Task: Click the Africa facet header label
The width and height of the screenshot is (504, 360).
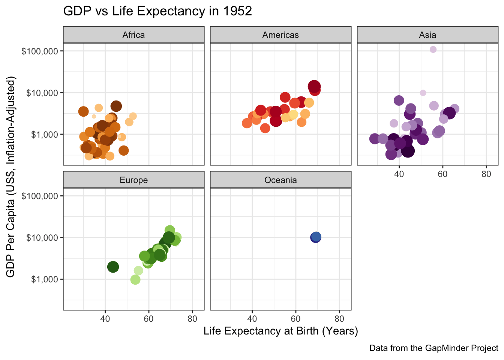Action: (x=133, y=35)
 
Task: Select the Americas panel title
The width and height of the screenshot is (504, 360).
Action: (x=280, y=35)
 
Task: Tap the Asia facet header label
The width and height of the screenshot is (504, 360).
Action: (x=427, y=35)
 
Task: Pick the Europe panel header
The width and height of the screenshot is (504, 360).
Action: (x=133, y=180)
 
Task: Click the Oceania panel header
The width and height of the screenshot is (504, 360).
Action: (x=280, y=180)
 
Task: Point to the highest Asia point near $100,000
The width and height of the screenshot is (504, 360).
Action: (x=433, y=49)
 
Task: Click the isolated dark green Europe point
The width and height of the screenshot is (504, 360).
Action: (x=113, y=267)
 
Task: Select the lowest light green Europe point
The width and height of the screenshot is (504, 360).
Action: (x=135, y=280)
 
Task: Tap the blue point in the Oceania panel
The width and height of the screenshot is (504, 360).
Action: (x=316, y=237)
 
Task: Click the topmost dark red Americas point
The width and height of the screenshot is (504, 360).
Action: (x=314, y=86)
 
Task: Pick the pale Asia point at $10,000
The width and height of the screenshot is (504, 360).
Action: (x=423, y=93)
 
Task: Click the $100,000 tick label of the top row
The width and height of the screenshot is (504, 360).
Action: (x=40, y=51)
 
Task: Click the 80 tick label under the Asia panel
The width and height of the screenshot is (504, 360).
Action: (x=486, y=174)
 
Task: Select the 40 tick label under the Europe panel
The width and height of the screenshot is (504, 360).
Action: (x=105, y=319)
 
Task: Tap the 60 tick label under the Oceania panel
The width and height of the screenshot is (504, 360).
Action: (x=295, y=319)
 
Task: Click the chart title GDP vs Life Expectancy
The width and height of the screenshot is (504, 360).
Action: (x=157, y=11)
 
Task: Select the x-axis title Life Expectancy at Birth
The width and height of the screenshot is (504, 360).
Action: (x=280, y=331)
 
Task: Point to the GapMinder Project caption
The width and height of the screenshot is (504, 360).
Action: (x=433, y=348)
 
